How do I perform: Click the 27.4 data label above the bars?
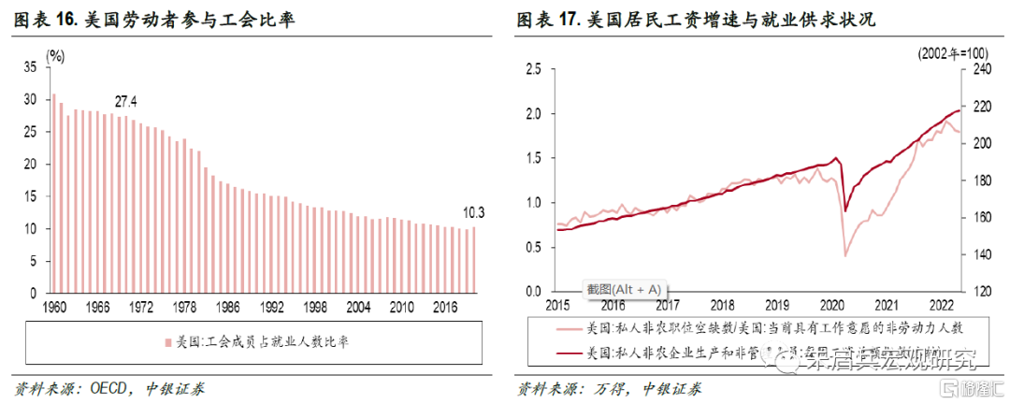(x=126, y=101)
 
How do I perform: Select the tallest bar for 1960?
(x=54, y=193)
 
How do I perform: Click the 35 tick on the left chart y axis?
(x=31, y=67)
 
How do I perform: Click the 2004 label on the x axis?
(x=357, y=306)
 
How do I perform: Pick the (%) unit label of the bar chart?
(x=56, y=55)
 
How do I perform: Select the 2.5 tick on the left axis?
(x=534, y=68)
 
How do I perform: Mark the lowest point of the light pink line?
(x=845, y=255)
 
